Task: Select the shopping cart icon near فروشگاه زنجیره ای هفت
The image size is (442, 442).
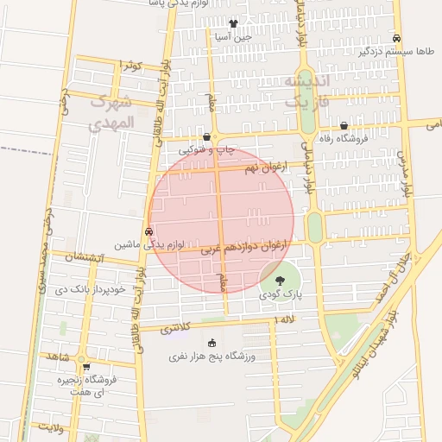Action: pos(86,367)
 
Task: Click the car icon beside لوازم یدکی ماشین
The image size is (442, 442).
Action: pos(149,231)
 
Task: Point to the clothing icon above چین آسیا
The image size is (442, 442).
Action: pos(233,23)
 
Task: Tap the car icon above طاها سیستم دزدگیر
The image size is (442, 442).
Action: pos(396,38)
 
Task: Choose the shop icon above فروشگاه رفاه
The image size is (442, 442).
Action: pos(344,124)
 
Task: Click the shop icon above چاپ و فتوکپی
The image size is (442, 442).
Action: pos(205,137)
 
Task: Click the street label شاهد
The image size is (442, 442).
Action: pos(59,356)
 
